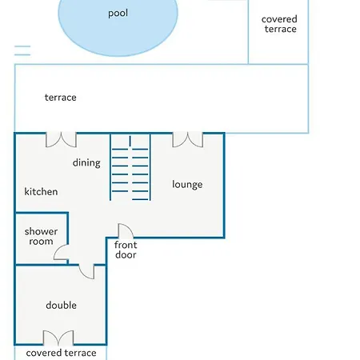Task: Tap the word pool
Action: tap(118, 14)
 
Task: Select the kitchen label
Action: tap(41, 191)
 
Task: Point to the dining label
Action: tap(86, 162)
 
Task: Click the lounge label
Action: tap(187, 184)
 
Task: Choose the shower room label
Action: tap(41, 236)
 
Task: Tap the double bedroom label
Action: tap(61, 305)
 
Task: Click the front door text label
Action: tap(126, 250)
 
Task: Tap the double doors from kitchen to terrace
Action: tap(61, 141)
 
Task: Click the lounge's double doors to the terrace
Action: tap(188, 141)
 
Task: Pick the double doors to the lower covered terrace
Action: tap(58, 337)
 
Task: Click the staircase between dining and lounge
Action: tap(130, 167)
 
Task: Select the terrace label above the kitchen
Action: tap(61, 98)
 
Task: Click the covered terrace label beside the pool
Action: tap(279, 24)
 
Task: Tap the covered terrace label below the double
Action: tap(61, 353)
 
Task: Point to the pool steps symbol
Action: tap(22, 50)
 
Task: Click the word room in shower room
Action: tap(41, 242)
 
